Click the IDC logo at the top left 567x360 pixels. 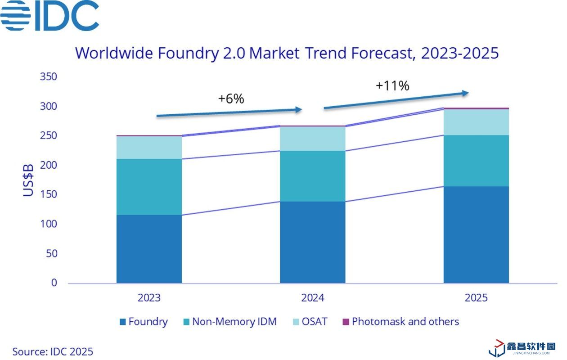[49, 16]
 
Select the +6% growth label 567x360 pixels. [231, 99]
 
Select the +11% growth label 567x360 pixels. [392, 85]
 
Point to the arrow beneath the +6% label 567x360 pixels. [229, 112]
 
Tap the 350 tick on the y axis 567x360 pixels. [49, 76]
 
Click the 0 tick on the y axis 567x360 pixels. [54, 283]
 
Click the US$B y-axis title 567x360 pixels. [28, 180]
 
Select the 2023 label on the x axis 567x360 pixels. [149, 298]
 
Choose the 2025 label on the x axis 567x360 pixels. [476, 298]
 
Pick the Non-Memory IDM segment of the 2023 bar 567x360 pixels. [149, 187]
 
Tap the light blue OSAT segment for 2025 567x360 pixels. [476, 122]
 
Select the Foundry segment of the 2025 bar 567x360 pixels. [476, 234]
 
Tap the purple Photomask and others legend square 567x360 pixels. [346, 322]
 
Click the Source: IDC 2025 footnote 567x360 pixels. [53, 351]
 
